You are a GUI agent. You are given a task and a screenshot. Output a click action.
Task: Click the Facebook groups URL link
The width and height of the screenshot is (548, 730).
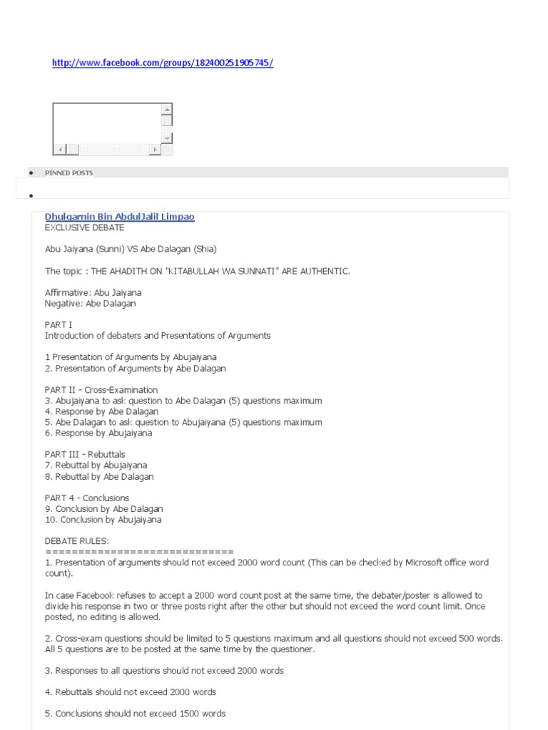tap(162, 63)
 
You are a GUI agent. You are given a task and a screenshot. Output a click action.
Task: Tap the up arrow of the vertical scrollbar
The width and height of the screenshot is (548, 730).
tap(167, 109)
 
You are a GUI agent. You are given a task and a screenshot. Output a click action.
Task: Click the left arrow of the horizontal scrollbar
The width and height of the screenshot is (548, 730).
tap(59, 149)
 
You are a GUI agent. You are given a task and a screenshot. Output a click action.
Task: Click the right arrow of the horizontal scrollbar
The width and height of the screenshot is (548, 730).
tap(155, 149)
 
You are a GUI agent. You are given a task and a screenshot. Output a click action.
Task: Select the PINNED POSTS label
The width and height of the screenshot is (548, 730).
tap(68, 173)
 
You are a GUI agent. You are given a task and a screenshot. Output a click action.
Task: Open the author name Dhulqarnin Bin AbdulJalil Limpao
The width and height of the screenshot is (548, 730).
tap(119, 217)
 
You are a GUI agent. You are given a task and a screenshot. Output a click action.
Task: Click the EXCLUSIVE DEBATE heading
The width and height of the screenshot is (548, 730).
tap(84, 227)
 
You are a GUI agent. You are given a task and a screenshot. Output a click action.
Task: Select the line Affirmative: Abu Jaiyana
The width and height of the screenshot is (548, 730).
tap(93, 292)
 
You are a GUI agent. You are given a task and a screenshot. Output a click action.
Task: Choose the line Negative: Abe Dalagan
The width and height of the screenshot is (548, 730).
tap(90, 303)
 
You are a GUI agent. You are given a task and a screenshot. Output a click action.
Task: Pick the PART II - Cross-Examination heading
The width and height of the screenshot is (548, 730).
tap(101, 390)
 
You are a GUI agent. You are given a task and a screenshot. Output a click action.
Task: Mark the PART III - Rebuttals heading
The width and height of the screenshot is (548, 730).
tap(85, 454)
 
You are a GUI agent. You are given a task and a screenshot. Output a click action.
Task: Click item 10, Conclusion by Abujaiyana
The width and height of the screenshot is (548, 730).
tap(103, 520)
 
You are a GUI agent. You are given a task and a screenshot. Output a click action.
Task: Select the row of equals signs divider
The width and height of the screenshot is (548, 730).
tap(139, 552)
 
